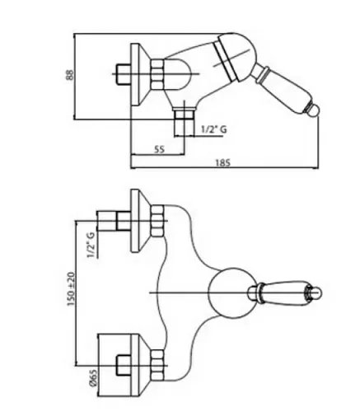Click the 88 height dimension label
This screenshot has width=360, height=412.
[70, 74]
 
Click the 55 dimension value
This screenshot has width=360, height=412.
[159, 149]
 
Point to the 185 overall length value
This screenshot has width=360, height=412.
[222, 163]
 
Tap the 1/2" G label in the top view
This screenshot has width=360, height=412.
[214, 129]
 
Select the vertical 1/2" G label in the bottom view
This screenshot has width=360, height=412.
[91, 245]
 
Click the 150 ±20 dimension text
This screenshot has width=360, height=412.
[70, 289]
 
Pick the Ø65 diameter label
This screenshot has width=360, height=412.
[93, 378]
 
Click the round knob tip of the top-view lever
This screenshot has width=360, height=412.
[314, 110]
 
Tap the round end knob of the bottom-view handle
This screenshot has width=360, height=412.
[316, 293]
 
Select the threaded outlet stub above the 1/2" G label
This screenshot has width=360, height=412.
[184, 122]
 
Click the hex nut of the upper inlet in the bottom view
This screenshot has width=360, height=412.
[157, 221]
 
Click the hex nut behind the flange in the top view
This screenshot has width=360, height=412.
[157, 74]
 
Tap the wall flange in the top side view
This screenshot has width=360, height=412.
[140, 74]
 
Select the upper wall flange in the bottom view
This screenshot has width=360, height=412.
[140, 221]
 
